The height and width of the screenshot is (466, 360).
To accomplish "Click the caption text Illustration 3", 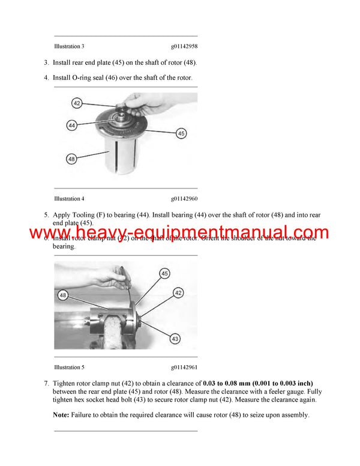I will click(69, 46).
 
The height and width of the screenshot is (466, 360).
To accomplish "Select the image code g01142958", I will click(184, 46).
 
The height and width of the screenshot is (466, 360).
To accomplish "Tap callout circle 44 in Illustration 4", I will click(72, 126).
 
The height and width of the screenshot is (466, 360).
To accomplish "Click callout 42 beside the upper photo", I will click(76, 103).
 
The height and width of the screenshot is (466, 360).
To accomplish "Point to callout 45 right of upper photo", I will click(181, 133).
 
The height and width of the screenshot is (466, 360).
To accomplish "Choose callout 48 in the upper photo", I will click(72, 159).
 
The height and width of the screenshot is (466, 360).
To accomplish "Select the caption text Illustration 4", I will click(69, 199).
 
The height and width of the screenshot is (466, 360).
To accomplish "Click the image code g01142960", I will click(184, 199).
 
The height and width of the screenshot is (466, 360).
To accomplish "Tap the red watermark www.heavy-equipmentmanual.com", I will click(179, 234).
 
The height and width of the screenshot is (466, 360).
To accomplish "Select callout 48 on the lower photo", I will click(64, 295).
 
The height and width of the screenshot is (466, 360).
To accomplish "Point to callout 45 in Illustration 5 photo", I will click(164, 273).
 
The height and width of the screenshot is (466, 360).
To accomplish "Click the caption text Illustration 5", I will click(69, 367).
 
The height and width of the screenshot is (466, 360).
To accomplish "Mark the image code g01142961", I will click(184, 367).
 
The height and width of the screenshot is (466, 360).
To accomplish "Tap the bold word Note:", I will click(61, 415).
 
